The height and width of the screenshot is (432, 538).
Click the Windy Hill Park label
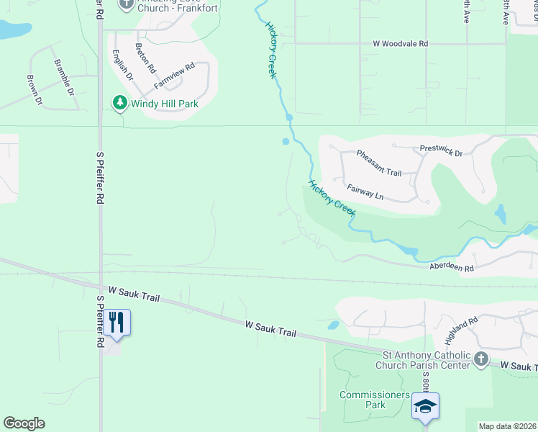pos(164,104)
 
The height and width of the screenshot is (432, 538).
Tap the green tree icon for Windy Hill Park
pos(119,104)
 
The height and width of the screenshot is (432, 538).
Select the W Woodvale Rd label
pos(400,44)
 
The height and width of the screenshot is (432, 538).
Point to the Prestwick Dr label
pos(441,152)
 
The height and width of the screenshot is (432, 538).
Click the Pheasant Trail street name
pos(379,163)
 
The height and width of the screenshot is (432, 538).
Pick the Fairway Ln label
pos(365,192)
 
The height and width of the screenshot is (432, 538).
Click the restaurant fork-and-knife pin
pos(117,322)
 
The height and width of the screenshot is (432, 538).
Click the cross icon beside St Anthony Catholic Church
pos(480,359)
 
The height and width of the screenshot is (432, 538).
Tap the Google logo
pos(24,423)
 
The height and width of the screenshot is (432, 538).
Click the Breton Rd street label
pos(145,58)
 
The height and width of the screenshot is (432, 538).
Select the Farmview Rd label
pos(174,76)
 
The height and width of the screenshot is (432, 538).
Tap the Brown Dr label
pos(35,90)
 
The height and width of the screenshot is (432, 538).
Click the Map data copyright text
pos(507,426)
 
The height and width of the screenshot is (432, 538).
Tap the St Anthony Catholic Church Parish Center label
pos(426,359)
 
